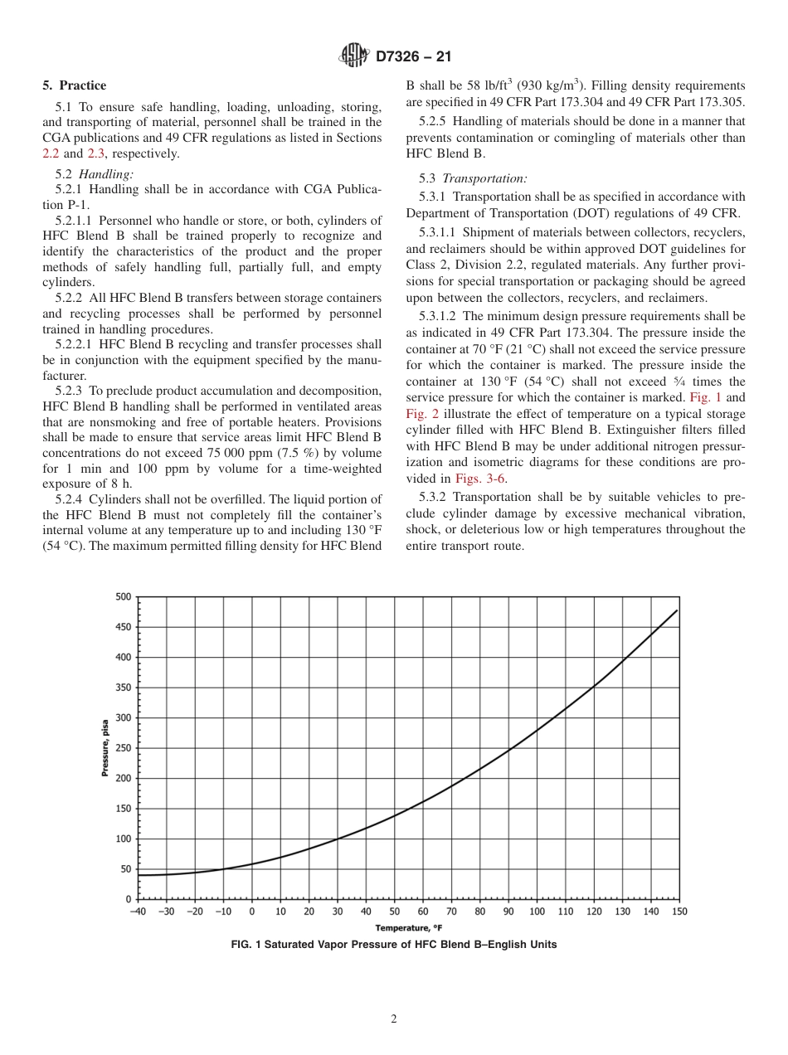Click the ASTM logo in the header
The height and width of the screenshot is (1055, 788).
(x=354, y=56)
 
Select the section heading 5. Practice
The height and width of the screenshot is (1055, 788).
(x=75, y=85)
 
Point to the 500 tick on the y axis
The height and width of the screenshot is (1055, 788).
(x=123, y=596)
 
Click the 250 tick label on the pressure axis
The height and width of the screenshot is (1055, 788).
(x=123, y=748)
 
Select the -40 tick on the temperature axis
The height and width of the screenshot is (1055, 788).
(x=138, y=912)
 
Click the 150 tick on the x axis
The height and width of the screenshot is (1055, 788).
(x=679, y=912)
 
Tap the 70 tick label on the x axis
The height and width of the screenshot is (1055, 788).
(x=451, y=912)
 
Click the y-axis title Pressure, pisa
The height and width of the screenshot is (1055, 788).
(x=105, y=748)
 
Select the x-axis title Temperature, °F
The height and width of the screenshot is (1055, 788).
(x=407, y=928)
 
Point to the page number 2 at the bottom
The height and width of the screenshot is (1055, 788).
(x=394, y=1019)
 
